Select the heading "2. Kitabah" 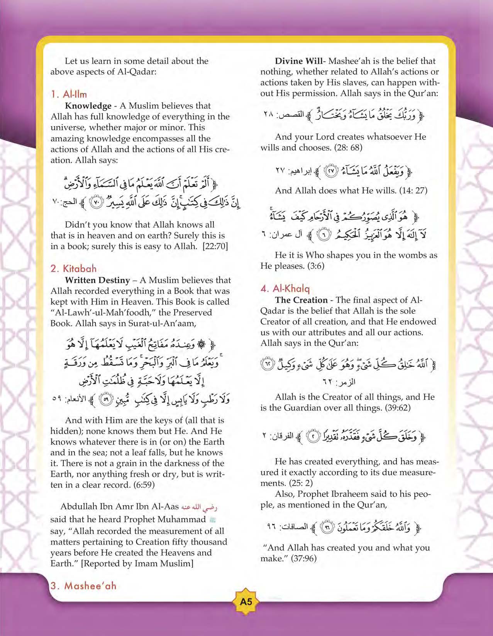(73, 269)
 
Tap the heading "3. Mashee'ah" (83, 586)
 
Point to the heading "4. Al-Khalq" (285, 289)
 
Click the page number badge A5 (246, 601)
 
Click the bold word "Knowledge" (88, 106)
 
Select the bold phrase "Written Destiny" (97, 280)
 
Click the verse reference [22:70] (215, 246)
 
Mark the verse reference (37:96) (301, 559)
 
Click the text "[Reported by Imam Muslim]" (137, 564)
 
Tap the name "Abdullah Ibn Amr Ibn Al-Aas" (120, 506)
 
